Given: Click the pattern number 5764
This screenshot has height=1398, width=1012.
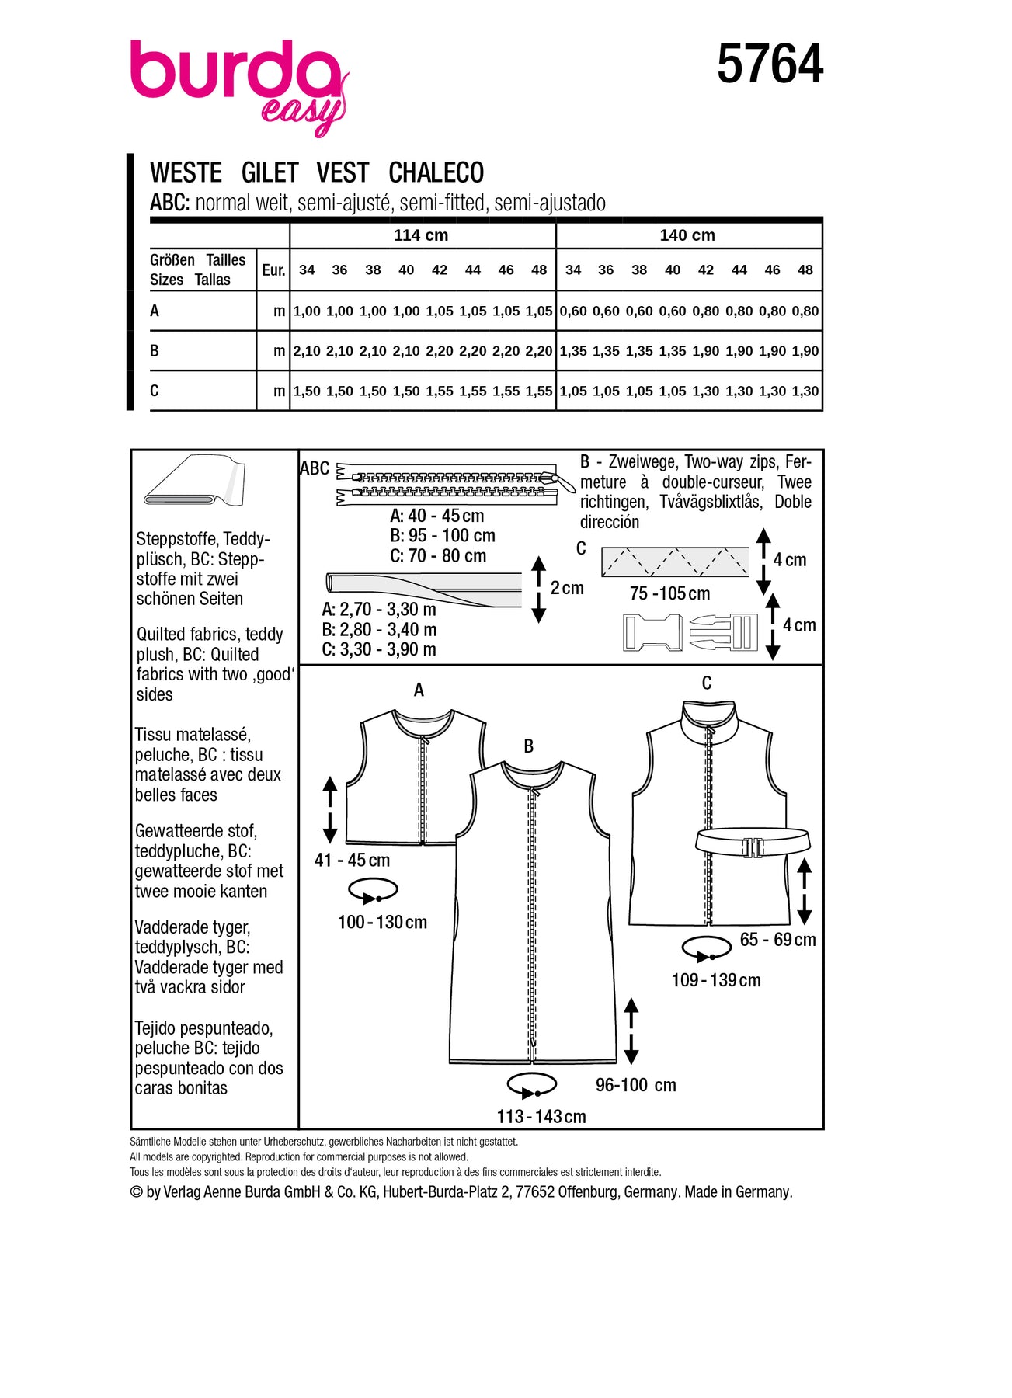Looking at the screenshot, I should coord(770,64).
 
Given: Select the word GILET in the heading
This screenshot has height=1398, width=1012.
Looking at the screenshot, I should coord(270,172).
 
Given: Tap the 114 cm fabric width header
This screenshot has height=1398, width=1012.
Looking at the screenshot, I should coord(421,235).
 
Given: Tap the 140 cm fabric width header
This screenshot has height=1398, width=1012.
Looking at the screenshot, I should coord(687,235).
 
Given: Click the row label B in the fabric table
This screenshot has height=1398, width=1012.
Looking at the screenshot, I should coord(155,351).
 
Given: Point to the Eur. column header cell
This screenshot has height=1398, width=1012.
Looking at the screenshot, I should coord(273,270).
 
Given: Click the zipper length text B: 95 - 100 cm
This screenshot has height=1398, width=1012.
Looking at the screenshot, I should coord(442,536).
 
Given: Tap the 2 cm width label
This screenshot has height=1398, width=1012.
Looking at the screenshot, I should coord(567,589).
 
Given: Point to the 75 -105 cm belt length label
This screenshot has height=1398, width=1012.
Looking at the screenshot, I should coord(669,594).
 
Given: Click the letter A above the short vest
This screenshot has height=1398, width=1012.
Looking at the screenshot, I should coord(419,690).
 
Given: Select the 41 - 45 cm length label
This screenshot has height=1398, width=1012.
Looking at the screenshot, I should coord(352,861).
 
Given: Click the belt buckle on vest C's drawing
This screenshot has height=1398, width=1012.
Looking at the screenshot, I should coord(752,847).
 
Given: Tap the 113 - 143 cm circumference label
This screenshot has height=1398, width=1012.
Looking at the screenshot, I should coord(541,1117).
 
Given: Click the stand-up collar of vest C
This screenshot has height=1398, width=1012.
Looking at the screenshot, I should coord(707,719).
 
